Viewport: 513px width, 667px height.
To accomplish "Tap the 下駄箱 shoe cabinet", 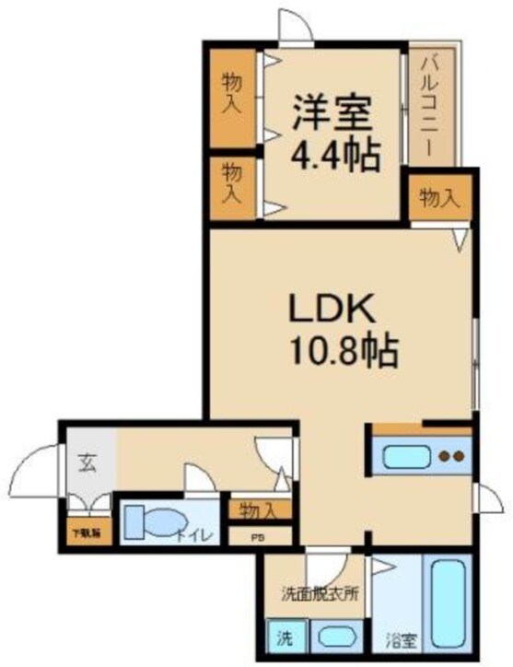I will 88,532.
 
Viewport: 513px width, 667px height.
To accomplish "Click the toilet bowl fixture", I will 148,523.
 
